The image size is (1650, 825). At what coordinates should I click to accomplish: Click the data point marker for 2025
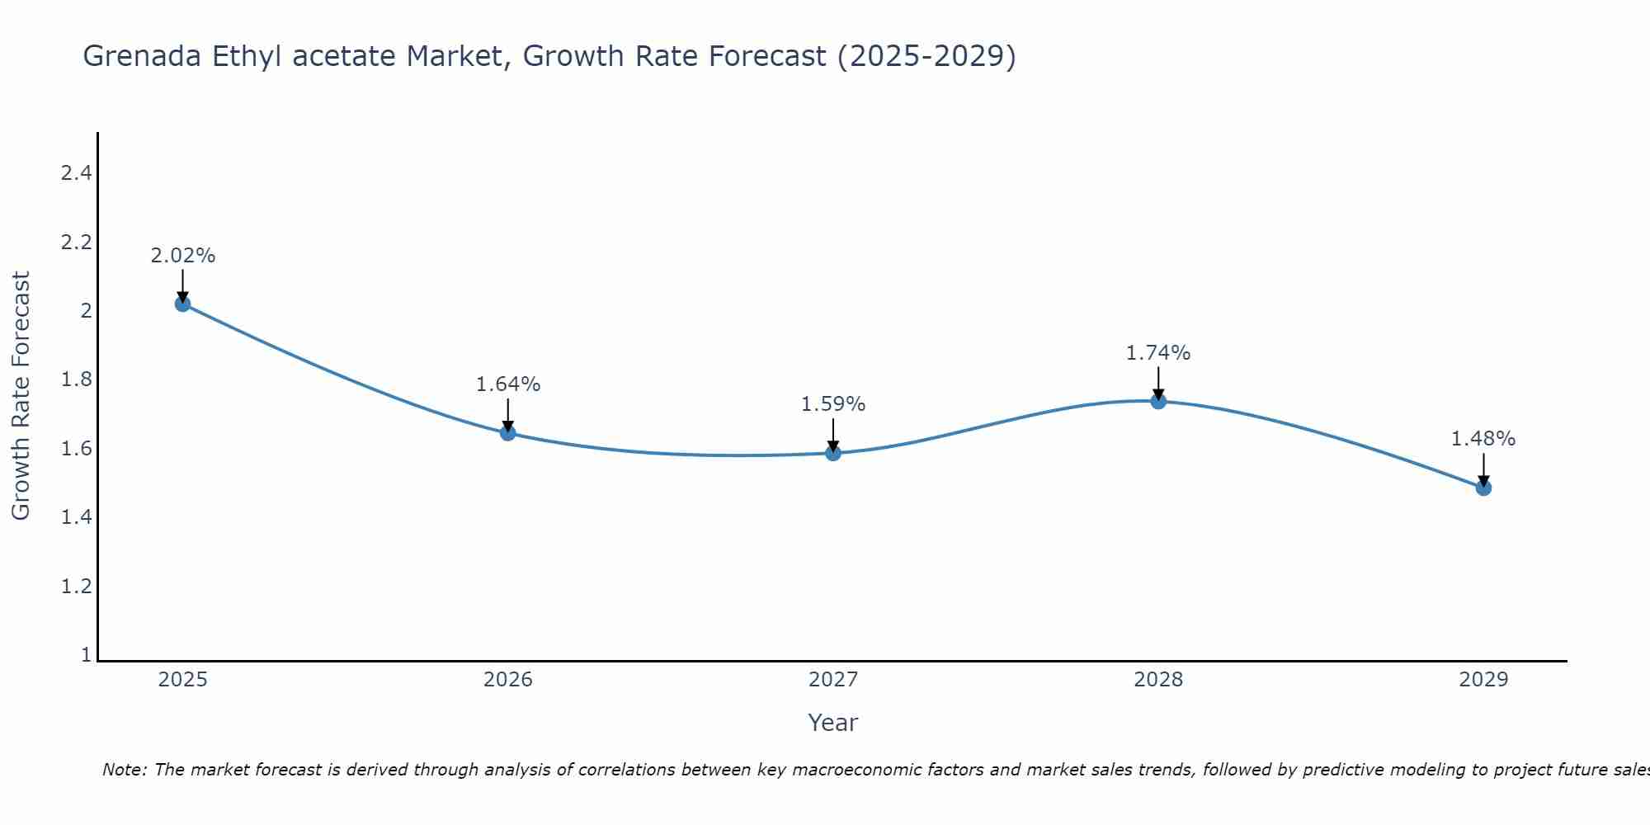182,304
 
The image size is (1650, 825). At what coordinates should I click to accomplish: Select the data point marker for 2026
508,433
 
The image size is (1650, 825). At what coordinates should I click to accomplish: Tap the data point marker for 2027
833,452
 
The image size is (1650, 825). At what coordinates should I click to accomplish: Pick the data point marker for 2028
1158,401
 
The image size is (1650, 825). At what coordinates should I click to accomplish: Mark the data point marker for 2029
1483,488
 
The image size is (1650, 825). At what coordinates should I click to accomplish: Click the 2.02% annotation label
182,256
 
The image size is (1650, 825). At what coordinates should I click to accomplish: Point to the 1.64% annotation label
508,384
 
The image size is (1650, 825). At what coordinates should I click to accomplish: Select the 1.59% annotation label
833,404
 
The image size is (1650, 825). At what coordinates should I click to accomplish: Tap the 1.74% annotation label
1158,353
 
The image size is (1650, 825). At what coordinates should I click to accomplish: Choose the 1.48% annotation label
1483,439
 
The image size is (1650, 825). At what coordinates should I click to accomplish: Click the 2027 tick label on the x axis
833,680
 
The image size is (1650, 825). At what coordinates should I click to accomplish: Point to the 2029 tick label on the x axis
1483,680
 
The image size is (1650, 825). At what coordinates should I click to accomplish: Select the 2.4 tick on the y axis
76,173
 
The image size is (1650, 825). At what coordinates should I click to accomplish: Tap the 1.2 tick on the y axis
76,587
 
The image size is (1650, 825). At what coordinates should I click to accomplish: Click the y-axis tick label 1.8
76,380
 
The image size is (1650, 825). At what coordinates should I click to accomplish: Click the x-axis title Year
833,723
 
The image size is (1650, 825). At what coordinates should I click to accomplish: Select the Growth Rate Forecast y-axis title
21,396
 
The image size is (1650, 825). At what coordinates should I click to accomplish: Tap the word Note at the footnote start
124,770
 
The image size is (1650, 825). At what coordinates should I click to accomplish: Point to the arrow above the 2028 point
1158,381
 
